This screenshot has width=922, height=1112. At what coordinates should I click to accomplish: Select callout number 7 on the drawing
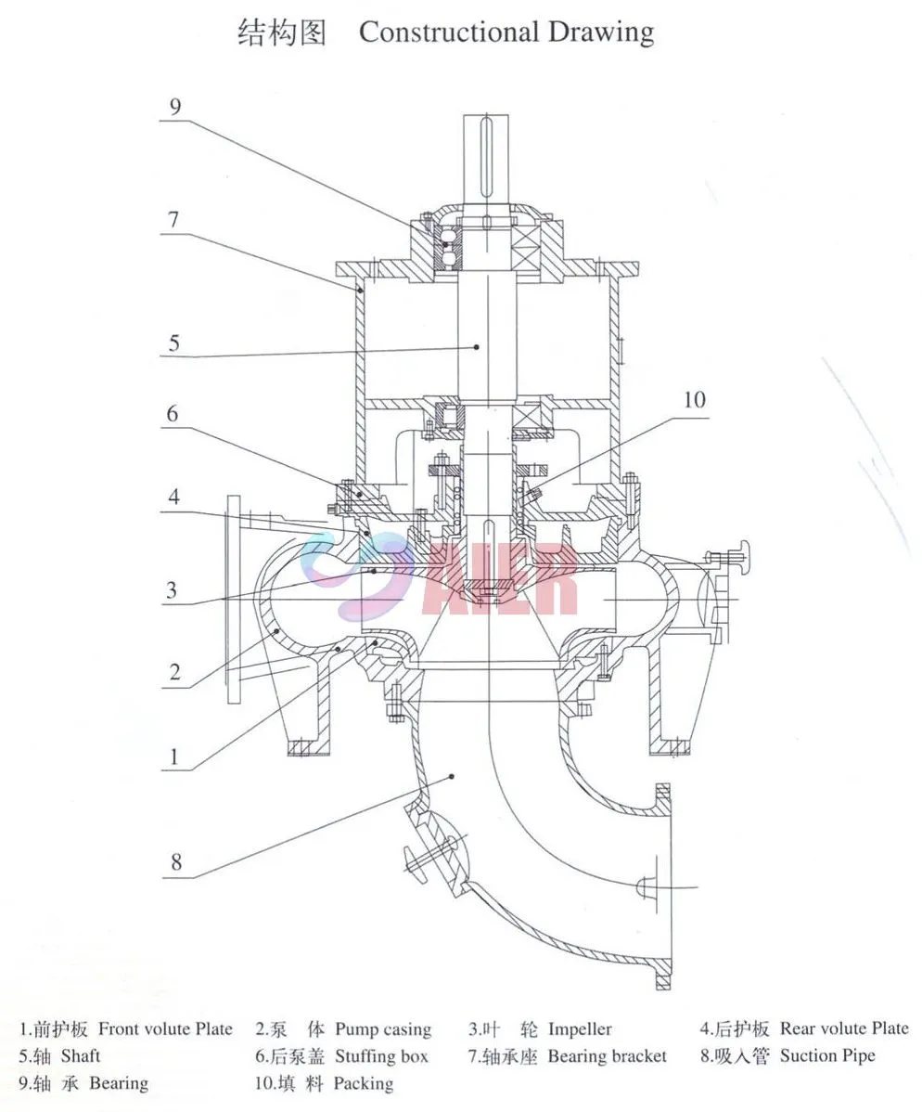pyautogui.click(x=173, y=221)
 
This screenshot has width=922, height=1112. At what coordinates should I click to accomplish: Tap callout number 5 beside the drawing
pyautogui.click(x=173, y=343)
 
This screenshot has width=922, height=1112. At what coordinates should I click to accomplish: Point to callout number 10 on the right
pyautogui.click(x=694, y=399)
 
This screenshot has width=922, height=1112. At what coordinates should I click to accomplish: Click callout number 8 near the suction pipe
pyautogui.click(x=175, y=862)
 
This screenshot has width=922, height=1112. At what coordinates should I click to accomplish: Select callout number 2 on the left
pyautogui.click(x=174, y=670)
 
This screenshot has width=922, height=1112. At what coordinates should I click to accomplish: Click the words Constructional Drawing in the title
pyautogui.click(x=506, y=32)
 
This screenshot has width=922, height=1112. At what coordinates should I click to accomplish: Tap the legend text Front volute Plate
pyautogui.click(x=165, y=1028)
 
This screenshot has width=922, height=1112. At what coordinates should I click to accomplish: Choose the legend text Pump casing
pyautogui.click(x=383, y=1028)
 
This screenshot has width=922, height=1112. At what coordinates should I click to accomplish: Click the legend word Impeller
pyautogui.click(x=580, y=1028)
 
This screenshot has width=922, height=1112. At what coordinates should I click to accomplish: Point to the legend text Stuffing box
pyautogui.click(x=382, y=1056)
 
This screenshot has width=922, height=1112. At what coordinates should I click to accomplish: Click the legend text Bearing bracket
pyautogui.click(x=607, y=1056)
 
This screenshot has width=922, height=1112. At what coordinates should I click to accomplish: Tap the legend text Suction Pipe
pyautogui.click(x=827, y=1056)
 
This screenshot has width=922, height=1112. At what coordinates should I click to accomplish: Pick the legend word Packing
pyautogui.click(x=364, y=1083)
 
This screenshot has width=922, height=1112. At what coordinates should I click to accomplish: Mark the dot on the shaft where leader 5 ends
pyautogui.click(x=477, y=346)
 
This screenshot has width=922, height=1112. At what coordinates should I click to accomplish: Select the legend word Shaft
pyautogui.click(x=81, y=1056)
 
